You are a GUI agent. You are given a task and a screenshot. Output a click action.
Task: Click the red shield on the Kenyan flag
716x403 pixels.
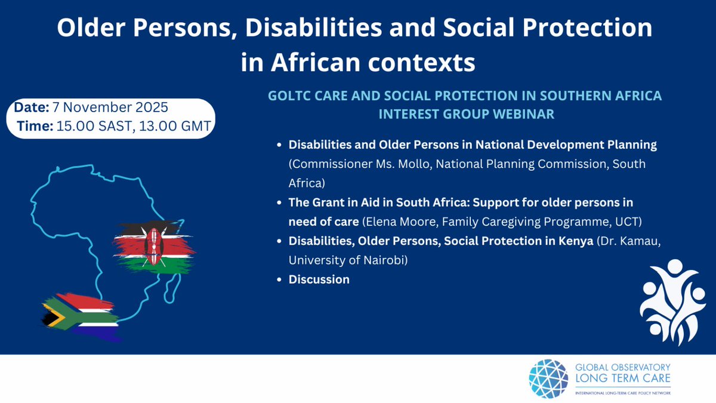point(155,246)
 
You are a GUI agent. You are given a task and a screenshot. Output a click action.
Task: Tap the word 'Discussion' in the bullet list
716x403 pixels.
point(319,279)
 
